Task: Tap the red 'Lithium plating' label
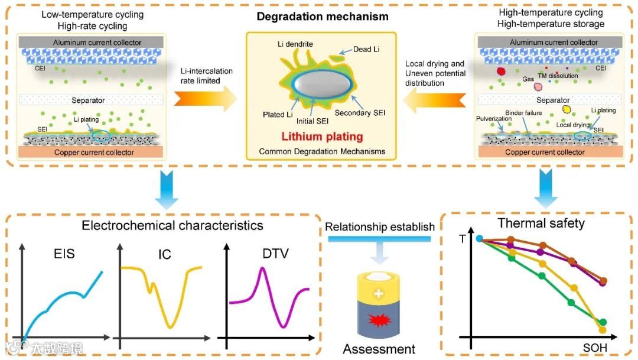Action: point(322,137)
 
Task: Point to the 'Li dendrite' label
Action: point(295,44)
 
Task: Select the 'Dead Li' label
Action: point(366,49)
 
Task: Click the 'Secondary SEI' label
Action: point(360,112)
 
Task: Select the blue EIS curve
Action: point(59,301)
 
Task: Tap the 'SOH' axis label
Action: point(594,348)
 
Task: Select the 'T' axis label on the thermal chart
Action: point(462,239)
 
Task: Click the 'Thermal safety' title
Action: point(541,223)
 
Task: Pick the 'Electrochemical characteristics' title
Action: point(172,225)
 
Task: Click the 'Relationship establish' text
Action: point(380,226)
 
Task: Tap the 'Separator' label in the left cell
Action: point(89,100)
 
